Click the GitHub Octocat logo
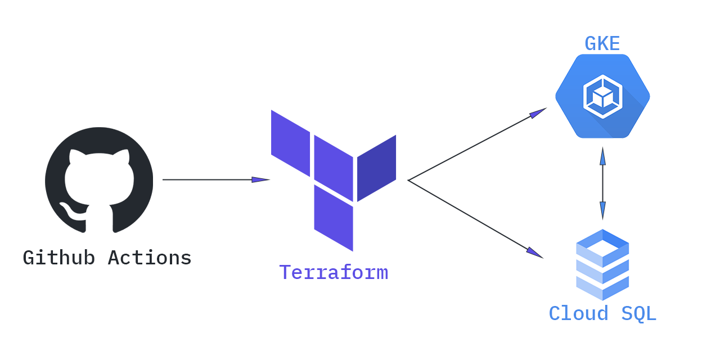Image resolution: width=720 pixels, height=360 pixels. pyautogui.click(x=99, y=180)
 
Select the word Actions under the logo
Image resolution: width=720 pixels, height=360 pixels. pyautogui.click(x=150, y=258)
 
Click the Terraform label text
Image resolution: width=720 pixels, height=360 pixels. pyautogui.click(x=334, y=273)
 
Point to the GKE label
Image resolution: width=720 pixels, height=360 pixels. pyautogui.click(x=602, y=44)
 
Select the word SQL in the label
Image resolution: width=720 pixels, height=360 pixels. pyautogui.click(x=638, y=314)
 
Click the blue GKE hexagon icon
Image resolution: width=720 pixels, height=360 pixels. pyautogui.click(x=602, y=96)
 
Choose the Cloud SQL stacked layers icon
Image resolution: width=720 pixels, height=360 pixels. pyautogui.click(x=602, y=264)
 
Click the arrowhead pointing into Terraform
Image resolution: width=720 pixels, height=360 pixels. pyautogui.click(x=262, y=180)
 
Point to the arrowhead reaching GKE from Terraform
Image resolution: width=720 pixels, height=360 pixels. pyautogui.click(x=538, y=113)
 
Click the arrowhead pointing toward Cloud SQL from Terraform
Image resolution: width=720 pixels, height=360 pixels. pyautogui.click(x=534, y=253)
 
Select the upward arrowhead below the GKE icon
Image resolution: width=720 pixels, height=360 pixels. pyautogui.click(x=602, y=156)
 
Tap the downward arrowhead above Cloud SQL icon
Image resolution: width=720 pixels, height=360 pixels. pyautogui.click(x=602, y=210)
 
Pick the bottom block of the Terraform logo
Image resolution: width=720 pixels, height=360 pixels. pyautogui.click(x=334, y=218)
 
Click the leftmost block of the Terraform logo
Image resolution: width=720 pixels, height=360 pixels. pyautogui.click(x=290, y=143)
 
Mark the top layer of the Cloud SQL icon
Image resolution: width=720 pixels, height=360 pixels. pyautogui.click(x=602, y=246)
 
